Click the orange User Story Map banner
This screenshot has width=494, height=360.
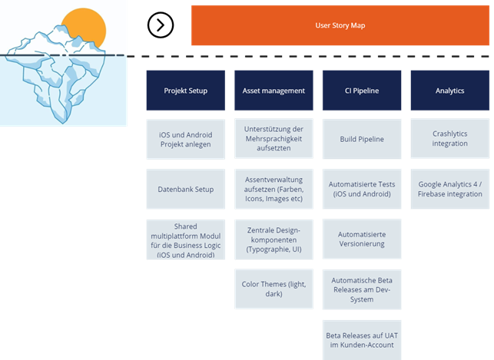(x=340, y=25)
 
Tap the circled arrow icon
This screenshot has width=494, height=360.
(x=161, y=25)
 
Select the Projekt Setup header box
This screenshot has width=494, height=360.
(x=186, y=91)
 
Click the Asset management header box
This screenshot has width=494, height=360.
(x=274, y=91)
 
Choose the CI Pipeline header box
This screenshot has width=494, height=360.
(x=362, y=91)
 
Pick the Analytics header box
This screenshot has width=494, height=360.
(x=450, y=91)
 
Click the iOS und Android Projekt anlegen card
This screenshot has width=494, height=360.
(x=186, y=139)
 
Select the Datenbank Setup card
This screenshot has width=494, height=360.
(x=186, y=189)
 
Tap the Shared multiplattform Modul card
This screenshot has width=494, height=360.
(x=186, y=239)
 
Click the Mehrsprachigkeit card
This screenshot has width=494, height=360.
(x=274, y=138)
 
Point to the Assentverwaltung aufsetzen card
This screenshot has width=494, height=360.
(x=274, y=189)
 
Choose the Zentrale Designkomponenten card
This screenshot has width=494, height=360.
(x=274, y=239)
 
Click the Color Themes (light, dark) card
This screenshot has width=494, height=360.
(x=274, y=289)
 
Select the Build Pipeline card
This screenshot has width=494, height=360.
(x=362, y=139)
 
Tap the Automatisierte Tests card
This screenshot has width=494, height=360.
(x=362, y=189)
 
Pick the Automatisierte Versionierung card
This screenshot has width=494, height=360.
(x=362, y=239)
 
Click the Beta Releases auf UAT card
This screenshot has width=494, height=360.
(x=362, y=340)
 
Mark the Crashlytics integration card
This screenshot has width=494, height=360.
(x=450, y=138)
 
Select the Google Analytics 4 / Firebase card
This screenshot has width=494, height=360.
(x=450, y=189)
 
